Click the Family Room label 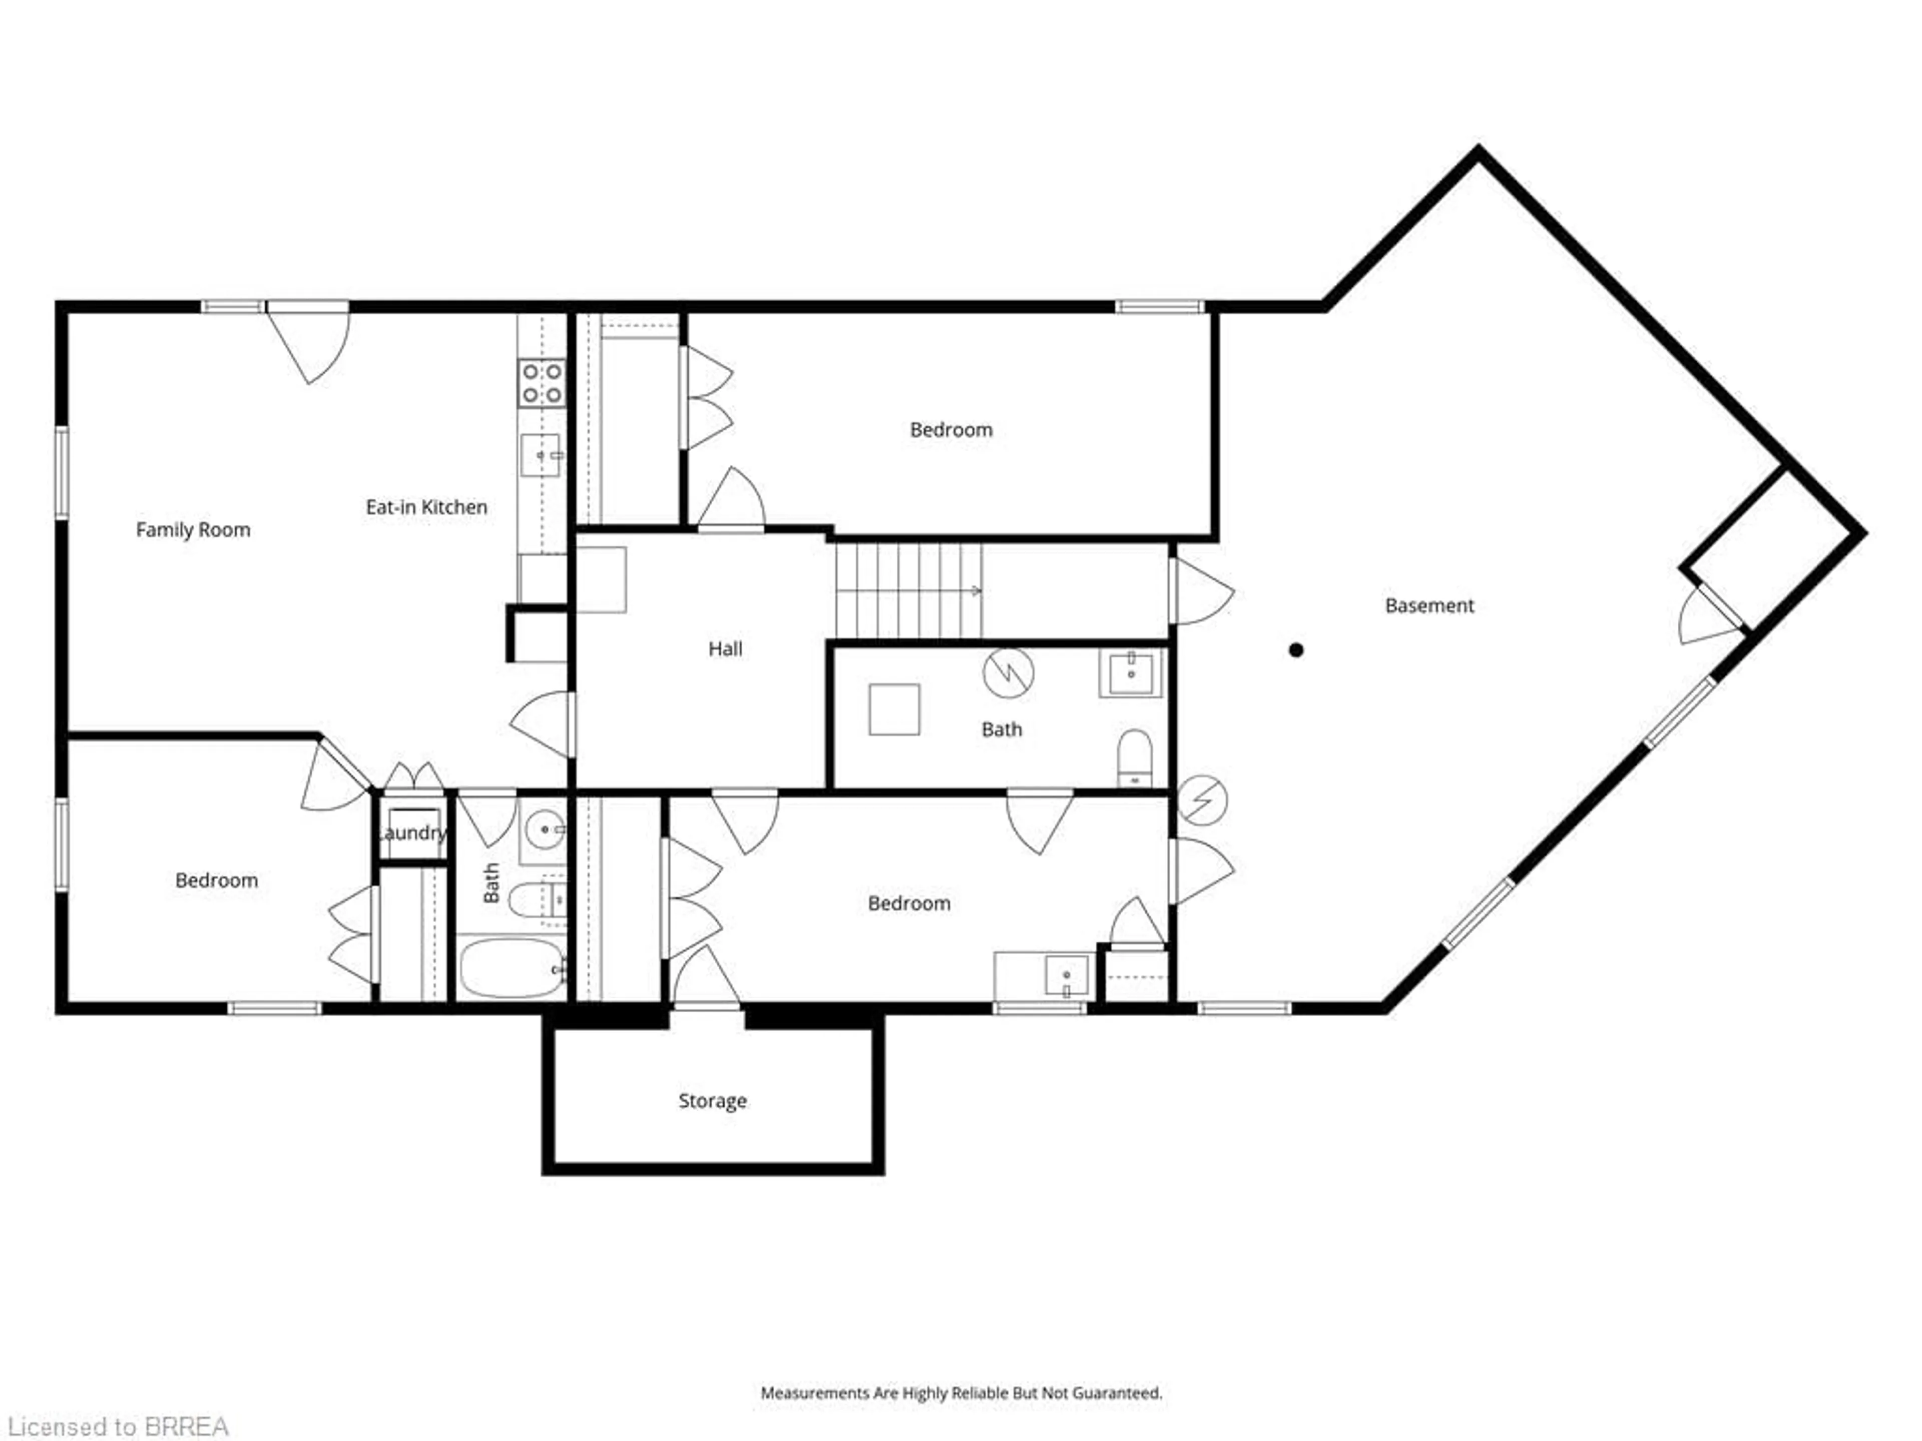(x=193, y=530)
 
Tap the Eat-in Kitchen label (x=426, y=507)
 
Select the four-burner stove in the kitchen (x=542, y=384)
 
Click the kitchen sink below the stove (x=541, y=455)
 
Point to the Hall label (x=725, y=649)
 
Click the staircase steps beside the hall (x=908, y=590)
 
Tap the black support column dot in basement (x=1295, y=650)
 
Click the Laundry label (x=412, y=833)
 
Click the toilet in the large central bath (x=1134, y=758)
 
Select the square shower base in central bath (x=894, y=709)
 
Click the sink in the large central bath (x=1131, y=673)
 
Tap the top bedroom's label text (x=950, y=430)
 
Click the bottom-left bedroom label (x=216, y=881)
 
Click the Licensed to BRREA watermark (x=117, y=1426)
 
